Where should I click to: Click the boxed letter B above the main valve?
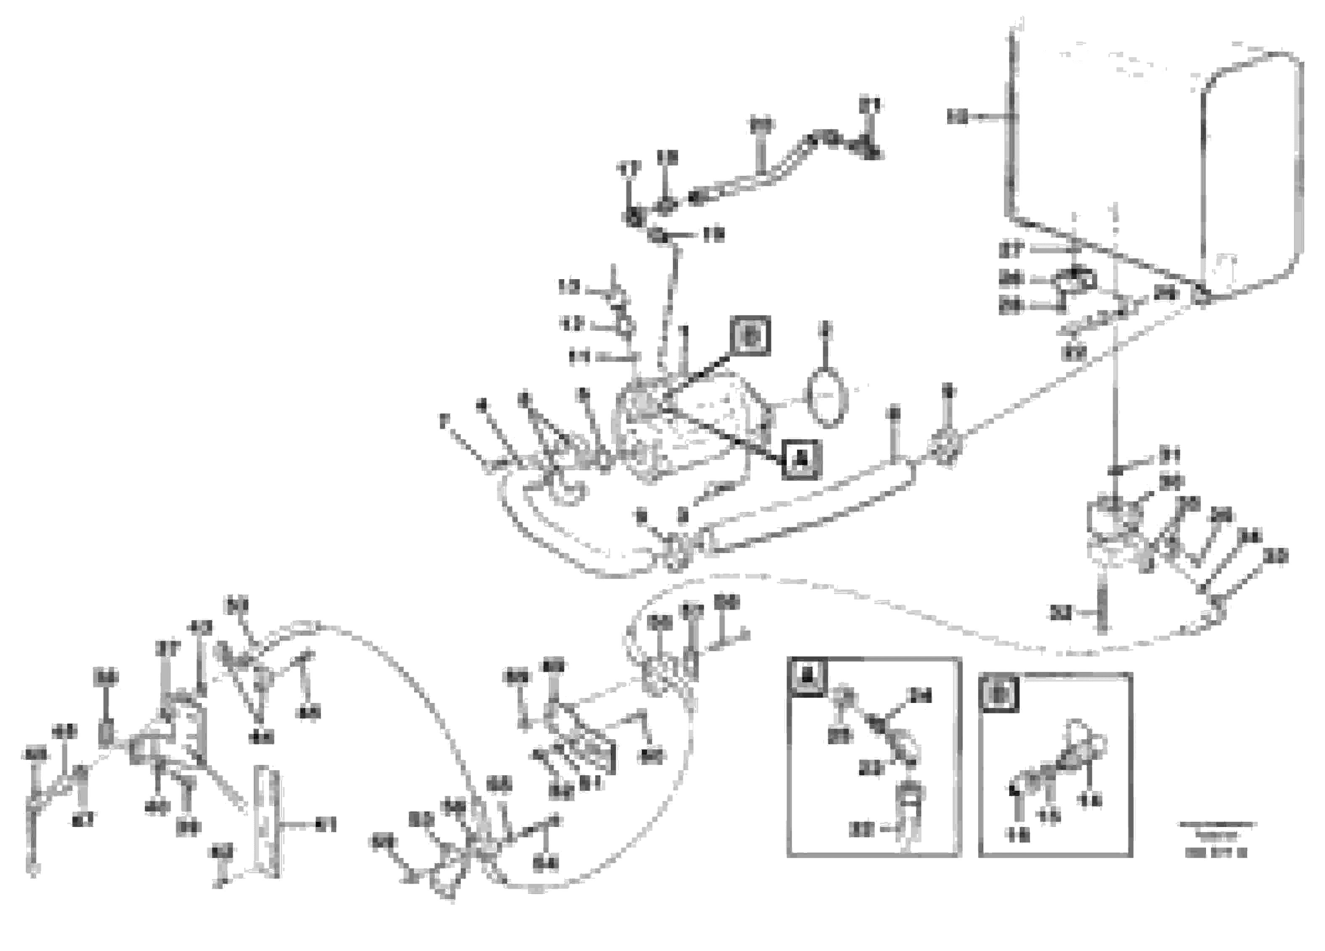pyautogui.click(x=752, y=336)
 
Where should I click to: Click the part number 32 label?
pyautogui.click(x=1060, y=614)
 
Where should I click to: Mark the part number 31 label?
pyautogui.click(x=1169, y=454)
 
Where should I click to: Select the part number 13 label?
pyautogui.click(x=569, y=287)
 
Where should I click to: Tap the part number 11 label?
pyautogui.click(x=580, y=357)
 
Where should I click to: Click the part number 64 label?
pyautogui.click(x=546, y=864)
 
